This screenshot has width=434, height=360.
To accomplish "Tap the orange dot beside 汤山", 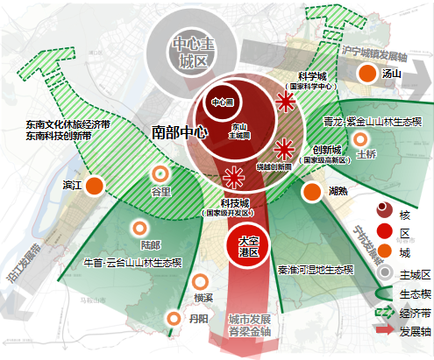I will point(367,74).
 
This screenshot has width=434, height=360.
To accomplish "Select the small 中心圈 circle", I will point(218,103).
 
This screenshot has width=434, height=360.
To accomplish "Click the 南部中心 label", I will point(179,132).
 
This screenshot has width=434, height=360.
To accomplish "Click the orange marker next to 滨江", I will point(94,186).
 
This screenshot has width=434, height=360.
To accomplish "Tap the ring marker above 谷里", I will point(160,174).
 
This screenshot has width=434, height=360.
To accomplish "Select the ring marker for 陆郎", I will point(139,229).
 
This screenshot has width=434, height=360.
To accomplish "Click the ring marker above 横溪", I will point(202,282).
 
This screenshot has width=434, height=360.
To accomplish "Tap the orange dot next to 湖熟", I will point(311,191).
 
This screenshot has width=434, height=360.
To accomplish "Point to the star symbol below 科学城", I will point(284,103).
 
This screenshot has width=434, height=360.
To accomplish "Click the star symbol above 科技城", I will point(232,179).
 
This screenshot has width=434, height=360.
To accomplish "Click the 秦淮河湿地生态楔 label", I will point(316,270).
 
